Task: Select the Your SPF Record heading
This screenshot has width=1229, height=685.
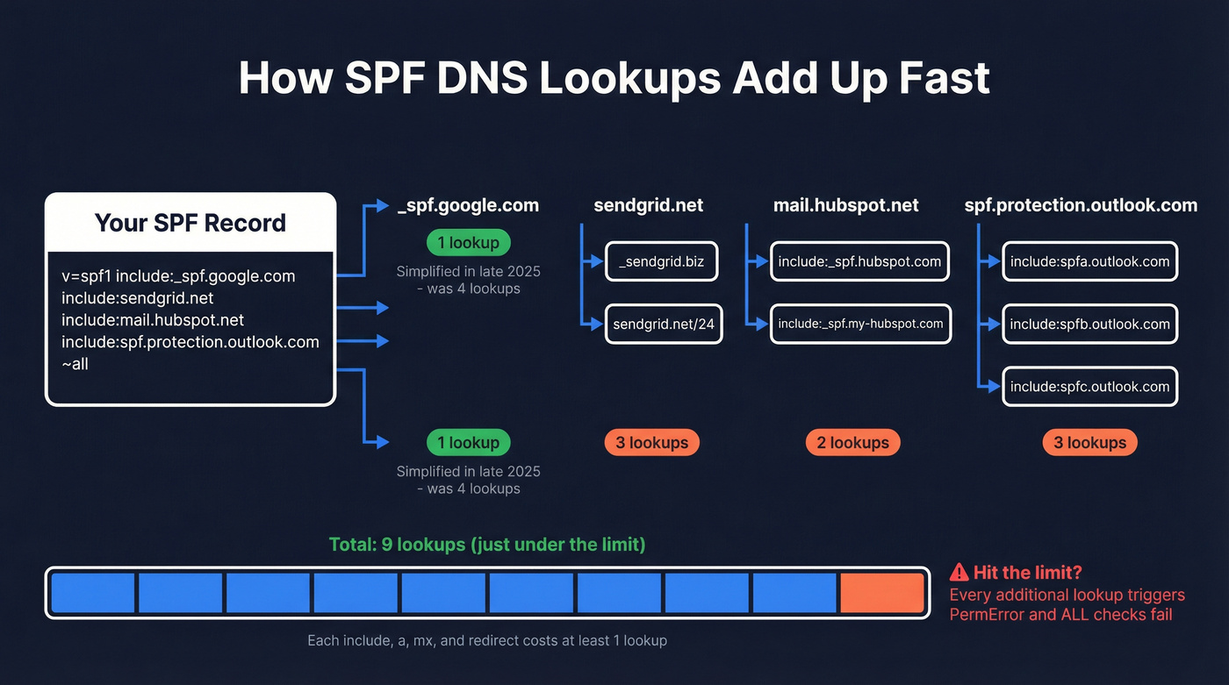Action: click(x=190, y=223)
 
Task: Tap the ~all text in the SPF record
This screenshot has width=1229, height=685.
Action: click(x=75, y=363)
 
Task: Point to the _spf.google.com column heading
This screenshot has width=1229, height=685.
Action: click(x=468, y=205)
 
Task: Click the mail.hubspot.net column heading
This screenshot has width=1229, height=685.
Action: click(x=845, y=205)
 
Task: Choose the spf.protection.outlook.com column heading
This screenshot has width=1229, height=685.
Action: click(x=1081, y=205)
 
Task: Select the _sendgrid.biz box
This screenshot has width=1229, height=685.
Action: click(x=661, y=261)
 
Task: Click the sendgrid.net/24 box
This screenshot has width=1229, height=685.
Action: click(x=664, y=324)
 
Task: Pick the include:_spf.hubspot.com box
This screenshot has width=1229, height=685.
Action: click(x=859, y=261)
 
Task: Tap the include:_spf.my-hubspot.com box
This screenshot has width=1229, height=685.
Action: click(x=860, y=324)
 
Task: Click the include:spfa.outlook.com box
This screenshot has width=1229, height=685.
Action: click(x=1089, y=261)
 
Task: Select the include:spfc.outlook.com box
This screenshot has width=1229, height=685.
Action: click(x=1089, y=386)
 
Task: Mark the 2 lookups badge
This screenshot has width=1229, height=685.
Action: click(x=852, y=443)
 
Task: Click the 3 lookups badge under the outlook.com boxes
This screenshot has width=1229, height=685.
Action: click(x=1089, y=443)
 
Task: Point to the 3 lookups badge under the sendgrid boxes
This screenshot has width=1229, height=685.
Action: click(x=651, y=443)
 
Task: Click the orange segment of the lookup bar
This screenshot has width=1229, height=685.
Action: click(x=881, y=593)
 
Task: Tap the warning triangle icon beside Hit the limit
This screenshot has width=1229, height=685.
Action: click(x=959, y=573)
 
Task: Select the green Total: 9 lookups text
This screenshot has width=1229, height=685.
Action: click(x=487, y=545)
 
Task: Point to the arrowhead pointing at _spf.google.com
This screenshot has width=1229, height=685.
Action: click(x=382, y=205)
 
